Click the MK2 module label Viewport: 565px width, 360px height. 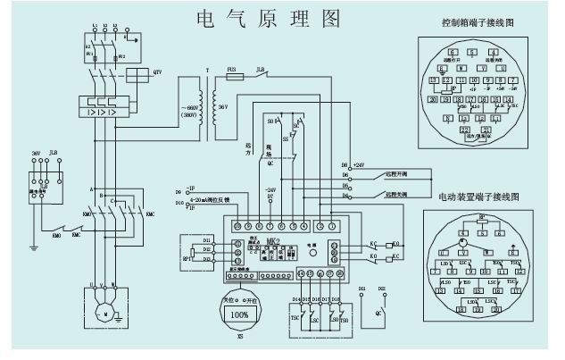[x=270, y=241]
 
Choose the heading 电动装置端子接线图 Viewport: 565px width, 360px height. [x=478, y=195]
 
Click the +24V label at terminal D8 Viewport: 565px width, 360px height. [x=359, y=165]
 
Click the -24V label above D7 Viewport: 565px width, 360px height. [x=271, y=190]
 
